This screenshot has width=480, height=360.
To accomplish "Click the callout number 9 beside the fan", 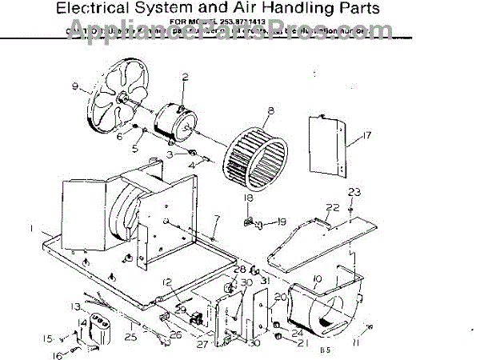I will pyautogui.click(x=74, y=86).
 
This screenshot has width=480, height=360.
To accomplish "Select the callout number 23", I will pyautogui.click(x=354, y=192).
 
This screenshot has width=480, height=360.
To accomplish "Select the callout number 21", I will pyautogui.click(x=303, y=344).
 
